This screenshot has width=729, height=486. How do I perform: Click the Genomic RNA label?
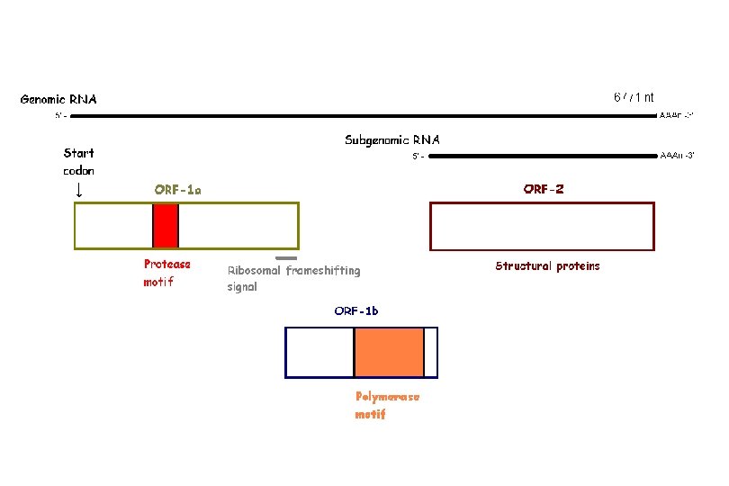pos(58,99)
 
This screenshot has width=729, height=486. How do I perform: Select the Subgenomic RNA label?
pos(392,139)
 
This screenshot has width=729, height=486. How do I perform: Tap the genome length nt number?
pos(634,96)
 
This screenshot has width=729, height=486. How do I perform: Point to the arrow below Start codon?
pos(78,190)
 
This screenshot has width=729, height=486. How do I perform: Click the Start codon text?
pos(78,161)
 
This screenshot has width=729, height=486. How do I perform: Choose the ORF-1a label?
pos(177,189)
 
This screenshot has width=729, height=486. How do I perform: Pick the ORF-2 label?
pos(544,189)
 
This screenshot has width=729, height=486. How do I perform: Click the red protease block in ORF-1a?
pos(166,225)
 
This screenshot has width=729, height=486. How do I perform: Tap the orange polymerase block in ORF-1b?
pos(389,352)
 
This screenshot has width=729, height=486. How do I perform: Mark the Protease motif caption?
pos(167,273)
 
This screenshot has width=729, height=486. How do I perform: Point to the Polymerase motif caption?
pos(387,405)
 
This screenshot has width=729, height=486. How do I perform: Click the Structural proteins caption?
pos(547,265)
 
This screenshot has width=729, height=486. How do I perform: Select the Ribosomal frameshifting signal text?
pos(293,278)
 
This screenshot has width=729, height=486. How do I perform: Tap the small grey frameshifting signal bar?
pos(286,258)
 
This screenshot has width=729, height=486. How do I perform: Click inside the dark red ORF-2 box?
pos(543,225)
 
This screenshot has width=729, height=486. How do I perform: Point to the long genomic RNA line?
pos(360,115)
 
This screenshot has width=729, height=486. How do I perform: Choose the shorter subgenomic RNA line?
pos(540,156)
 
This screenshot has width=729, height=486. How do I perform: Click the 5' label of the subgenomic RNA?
pos(418,157)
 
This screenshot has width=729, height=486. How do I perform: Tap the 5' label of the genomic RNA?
pos(60,116)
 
